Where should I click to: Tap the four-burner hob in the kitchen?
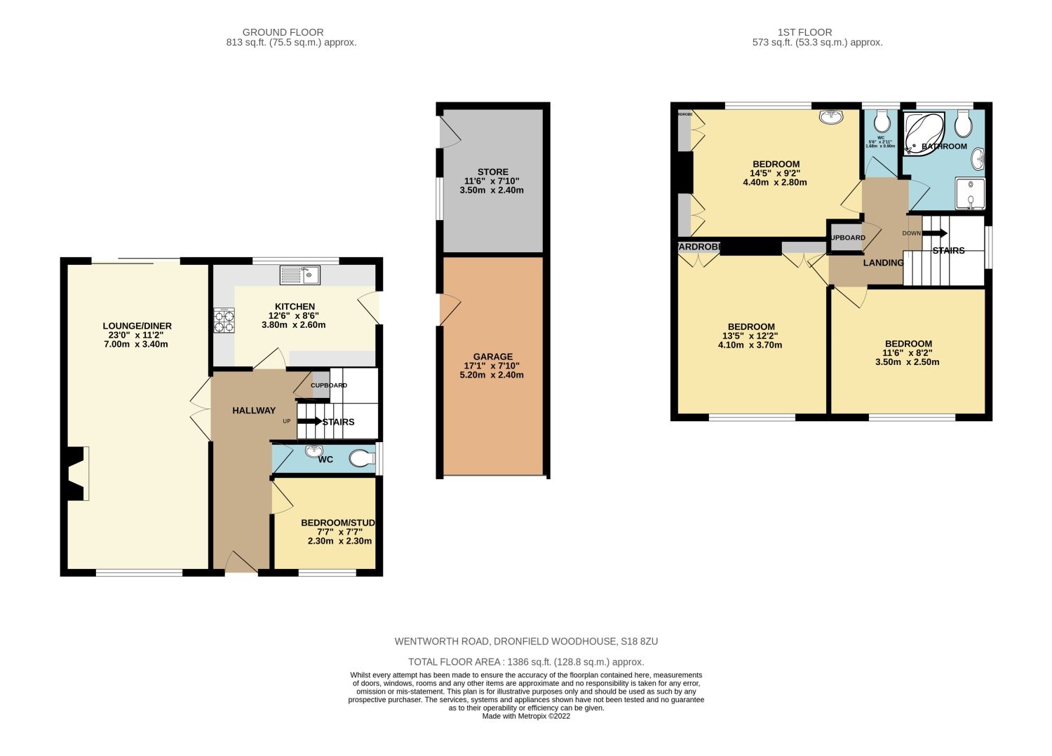point(224,321)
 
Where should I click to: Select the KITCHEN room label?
point(295,307)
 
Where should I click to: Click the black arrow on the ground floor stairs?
point(309,422)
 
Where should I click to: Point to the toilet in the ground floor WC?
point(362,459)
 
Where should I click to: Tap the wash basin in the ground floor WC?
point(313,451)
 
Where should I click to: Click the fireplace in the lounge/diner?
point(76,474)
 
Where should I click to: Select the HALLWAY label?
point(254,411)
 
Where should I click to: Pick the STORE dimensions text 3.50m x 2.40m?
point(492,191)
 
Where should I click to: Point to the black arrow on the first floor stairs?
point(935,233)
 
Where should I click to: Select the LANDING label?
point(883,263)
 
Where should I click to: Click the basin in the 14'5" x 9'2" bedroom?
point(832,118)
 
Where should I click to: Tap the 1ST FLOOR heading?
point(804,32)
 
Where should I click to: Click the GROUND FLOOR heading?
point(283,32)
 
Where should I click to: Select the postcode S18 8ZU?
point(639,641)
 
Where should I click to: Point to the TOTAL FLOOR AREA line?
point(526,662)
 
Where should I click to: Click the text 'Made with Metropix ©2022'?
point(526,716)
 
